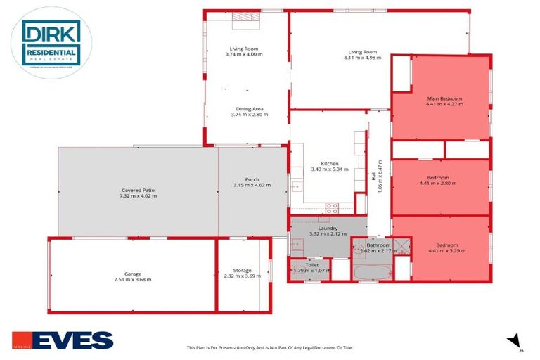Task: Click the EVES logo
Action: tap(62, 340)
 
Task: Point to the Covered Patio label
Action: tap(138, 190)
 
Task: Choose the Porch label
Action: tap(252, 179)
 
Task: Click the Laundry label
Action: tap(328, 228)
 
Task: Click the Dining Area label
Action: tap(250, 109)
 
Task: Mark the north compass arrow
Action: tap(515, 341)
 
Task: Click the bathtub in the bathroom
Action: tap(371, 271)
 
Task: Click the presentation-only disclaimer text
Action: tap(269, 347)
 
